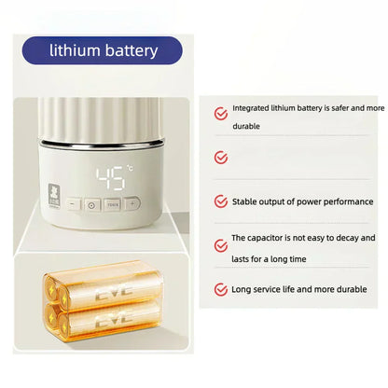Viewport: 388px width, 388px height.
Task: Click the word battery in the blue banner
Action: click(128, 49)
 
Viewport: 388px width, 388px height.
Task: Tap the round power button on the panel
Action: click(92, 204)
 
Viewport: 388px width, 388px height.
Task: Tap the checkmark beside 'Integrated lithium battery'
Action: click(221, 114)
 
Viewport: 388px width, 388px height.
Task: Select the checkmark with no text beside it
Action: click(221, 158)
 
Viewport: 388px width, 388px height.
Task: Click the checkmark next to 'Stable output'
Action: click(221, 201)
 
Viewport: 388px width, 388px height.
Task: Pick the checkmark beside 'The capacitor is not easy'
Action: click(221, 245)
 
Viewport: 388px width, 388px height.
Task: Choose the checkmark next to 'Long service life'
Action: click(221, 289)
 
